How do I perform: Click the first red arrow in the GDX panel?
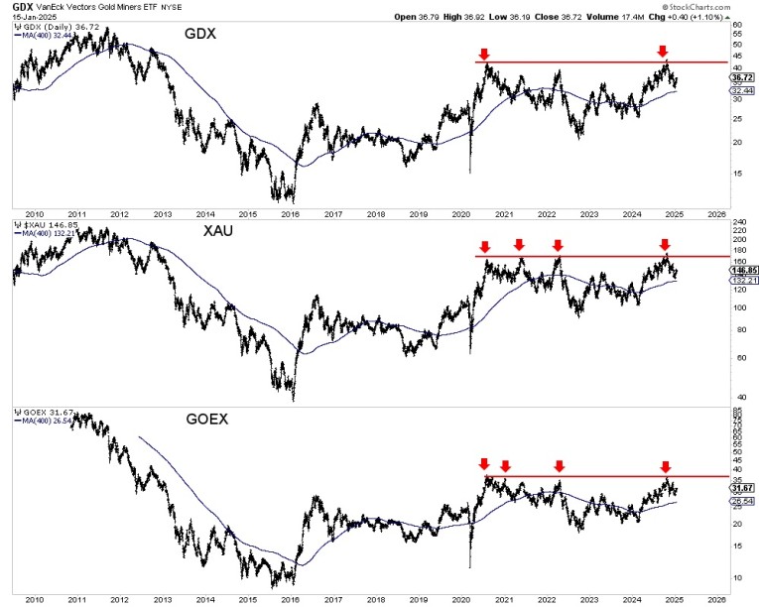(x=484, y=54)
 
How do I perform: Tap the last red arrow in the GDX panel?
(x=663, y=52)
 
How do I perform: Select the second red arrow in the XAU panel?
(x=519, y=246)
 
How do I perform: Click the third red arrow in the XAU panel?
(x=558, y=246)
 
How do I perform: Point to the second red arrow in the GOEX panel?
(x=505, y=465)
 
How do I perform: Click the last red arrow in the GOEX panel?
(x=665, y=466)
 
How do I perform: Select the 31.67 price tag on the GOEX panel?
(x=741, y=487)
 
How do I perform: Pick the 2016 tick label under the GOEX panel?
(x=291, y=600)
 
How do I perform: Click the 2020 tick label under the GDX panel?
(x=460, y=213)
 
